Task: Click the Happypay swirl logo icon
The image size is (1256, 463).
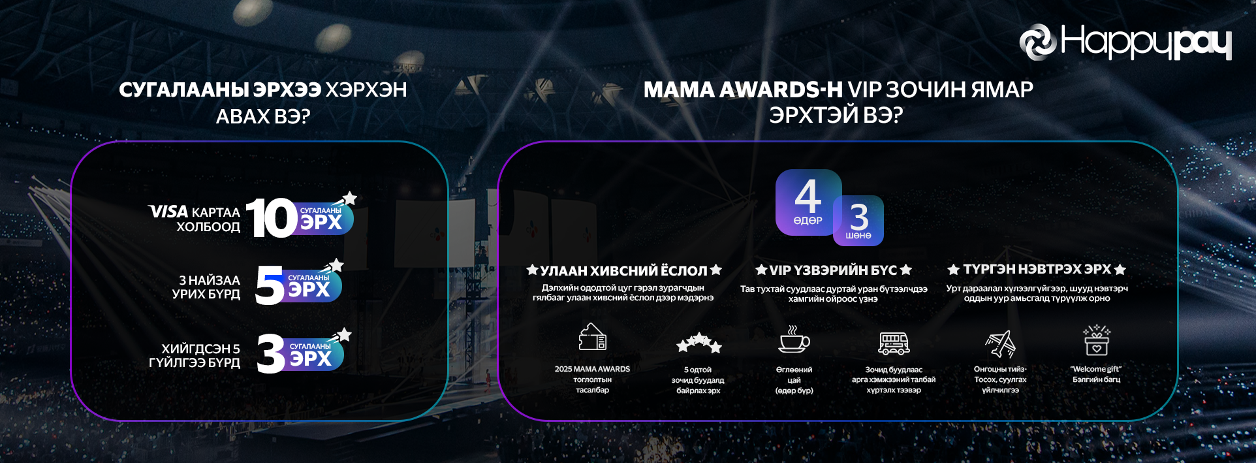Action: (1038, 42)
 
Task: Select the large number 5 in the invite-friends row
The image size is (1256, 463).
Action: (269, 285)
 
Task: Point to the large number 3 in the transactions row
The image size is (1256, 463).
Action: (271, 353)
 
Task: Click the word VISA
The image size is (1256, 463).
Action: (168, 212)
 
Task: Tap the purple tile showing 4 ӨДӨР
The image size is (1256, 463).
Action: (808, 202)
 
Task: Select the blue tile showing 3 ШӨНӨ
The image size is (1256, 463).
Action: (859, 221)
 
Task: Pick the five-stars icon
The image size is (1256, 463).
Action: (699, 342)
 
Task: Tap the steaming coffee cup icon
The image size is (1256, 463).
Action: (794, 340)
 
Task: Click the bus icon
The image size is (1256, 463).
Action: (894, 343)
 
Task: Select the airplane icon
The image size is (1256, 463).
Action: (1001, 343)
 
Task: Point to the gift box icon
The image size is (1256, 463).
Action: (1097, 340)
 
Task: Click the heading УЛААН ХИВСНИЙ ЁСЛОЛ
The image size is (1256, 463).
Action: (624, 270)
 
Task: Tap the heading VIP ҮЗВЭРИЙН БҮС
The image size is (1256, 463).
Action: (833, 270)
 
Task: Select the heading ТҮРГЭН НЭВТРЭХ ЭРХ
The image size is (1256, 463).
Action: (1037, 269)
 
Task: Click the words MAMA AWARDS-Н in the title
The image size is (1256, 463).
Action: (743, 89)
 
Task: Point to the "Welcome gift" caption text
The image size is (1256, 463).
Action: (1096, 369)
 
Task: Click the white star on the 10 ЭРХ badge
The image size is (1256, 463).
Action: (350, 197)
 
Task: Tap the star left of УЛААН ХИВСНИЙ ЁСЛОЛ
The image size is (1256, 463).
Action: (533, 270)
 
